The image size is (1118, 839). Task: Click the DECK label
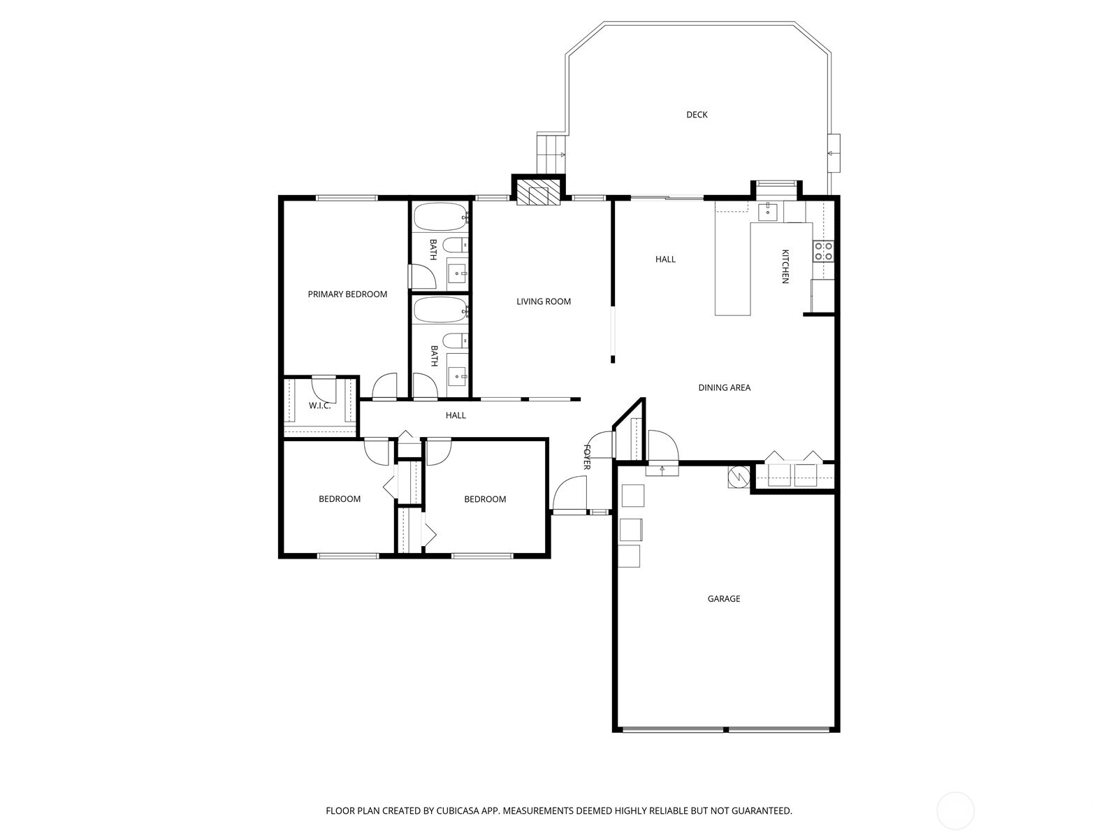coord(697,115)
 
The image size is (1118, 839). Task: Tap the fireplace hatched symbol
coord(538,194)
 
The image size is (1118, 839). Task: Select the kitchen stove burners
coord(823,251)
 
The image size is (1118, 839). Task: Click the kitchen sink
coord(768,212)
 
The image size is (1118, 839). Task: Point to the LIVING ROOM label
coord(544,301)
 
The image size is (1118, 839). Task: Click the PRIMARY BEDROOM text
coord(347,294)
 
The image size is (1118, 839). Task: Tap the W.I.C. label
coord(319,406)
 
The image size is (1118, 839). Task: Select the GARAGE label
coord(723,598)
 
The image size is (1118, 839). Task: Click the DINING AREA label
coord(724,387)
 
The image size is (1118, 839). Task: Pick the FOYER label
coord(587,457)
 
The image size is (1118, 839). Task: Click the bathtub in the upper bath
coord(440,217)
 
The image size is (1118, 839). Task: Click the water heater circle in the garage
coord(739,477)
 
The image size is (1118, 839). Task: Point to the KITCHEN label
coord(785,266)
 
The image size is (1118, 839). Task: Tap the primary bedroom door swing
coord(384,387)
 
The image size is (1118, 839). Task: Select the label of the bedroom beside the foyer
coord(485,499)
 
